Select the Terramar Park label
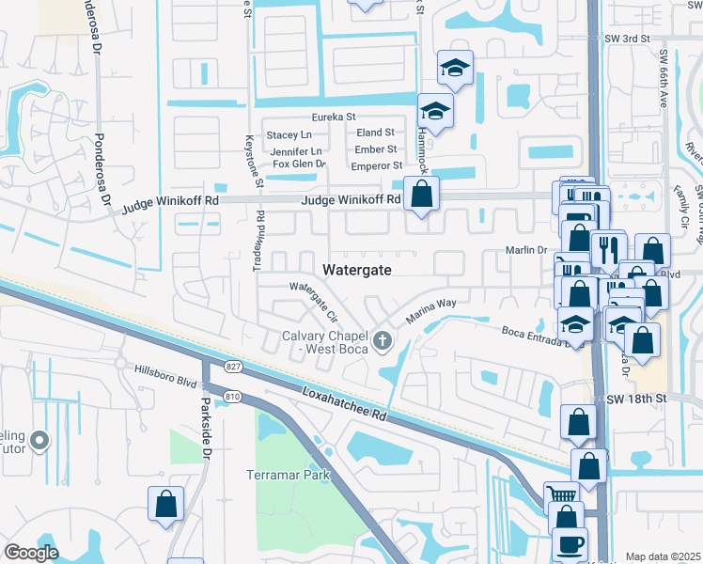[x=289, y=475]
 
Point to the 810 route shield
[x=233, y=398]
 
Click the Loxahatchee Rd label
[x=345, y=400]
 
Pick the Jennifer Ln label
[x=296, y=150]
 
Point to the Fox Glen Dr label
[x=299, y=164]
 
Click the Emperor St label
[x=376, y=165]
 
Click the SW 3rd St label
[x=629, y=39]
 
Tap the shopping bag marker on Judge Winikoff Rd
[x=422, y=195]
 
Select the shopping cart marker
[x=562, y=495]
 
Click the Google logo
[x=31, y=552]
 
